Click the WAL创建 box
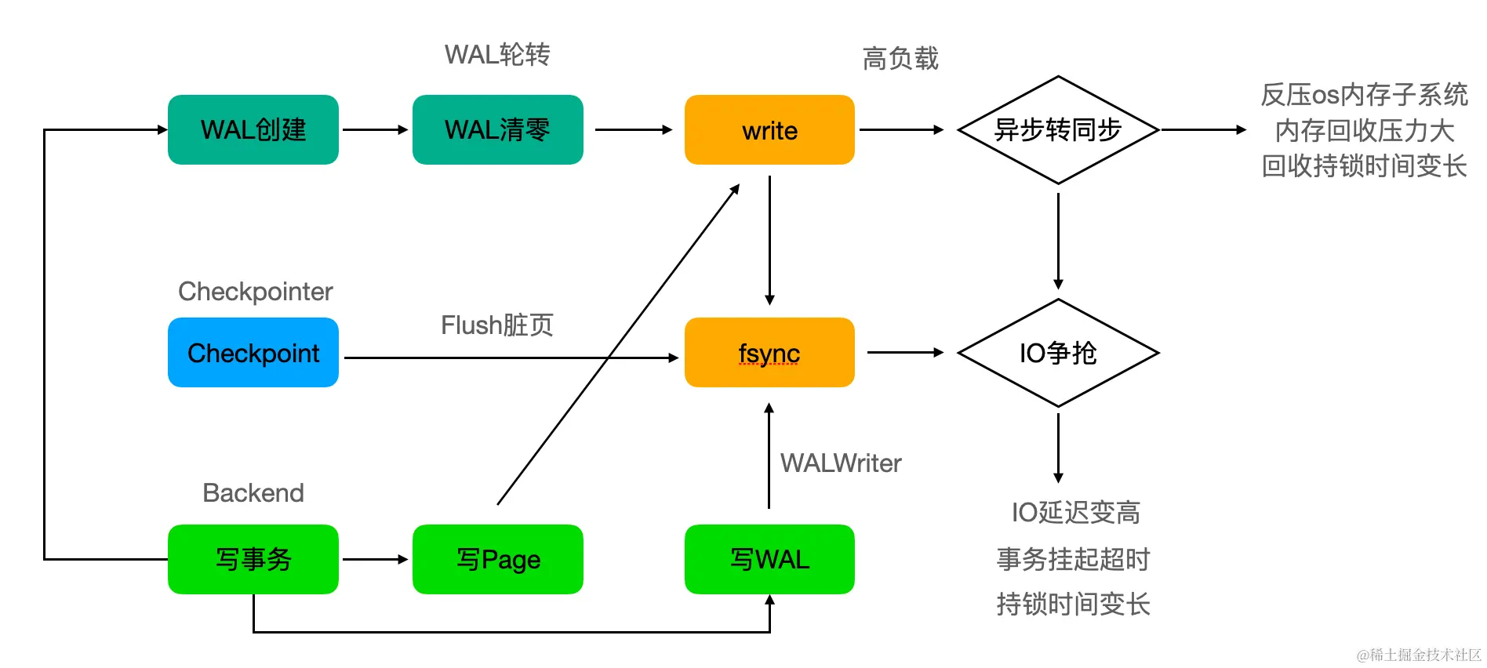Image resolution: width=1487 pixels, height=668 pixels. pyautogui.click(x=253, y=129)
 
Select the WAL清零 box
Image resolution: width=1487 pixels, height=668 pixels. pyautogui.click(x=497, y=129)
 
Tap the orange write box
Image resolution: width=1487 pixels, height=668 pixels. pyautogui.click(x=769, y=130)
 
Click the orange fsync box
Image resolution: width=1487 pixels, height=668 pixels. pyautogui.click(x=769, y=352)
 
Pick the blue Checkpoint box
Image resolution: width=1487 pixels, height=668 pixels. pyautogui.click(x=253, y=352)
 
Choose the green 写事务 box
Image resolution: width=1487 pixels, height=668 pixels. pyautogui.click(x=253, y=559)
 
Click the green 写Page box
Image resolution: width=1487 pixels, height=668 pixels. pyautogui.click(x=497, y=559)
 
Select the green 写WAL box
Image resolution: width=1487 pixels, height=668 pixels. pyautogui.click(x=769, y=559)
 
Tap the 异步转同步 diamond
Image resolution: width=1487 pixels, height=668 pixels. pyautogui.click(x=1058, y=129)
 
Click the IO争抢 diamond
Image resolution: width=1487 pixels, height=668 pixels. pyautogui.click(x=1058, y=353)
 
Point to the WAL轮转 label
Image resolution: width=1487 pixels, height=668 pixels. pyautogui.click(x=497, y=55)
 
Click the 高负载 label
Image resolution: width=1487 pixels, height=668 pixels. pyautogui.click(x=900, y=58)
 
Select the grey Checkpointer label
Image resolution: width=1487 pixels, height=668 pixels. pyautogui.click(x=255, y=292)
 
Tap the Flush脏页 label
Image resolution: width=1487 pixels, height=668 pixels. pyautogui.click(x=497, y=325)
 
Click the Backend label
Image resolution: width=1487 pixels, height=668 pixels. pyautogui.click(x=253, y=492)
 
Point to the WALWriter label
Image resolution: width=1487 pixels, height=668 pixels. pyautogui.click(x=841, y=463)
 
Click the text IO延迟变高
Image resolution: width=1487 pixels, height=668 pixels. pyautogui.click(x=1075, y=512)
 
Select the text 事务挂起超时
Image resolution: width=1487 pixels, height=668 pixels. pyautogui.click(x=1073, y=559)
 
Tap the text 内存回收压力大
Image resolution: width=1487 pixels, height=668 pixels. pyautogui.click(x=1364, y=130)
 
